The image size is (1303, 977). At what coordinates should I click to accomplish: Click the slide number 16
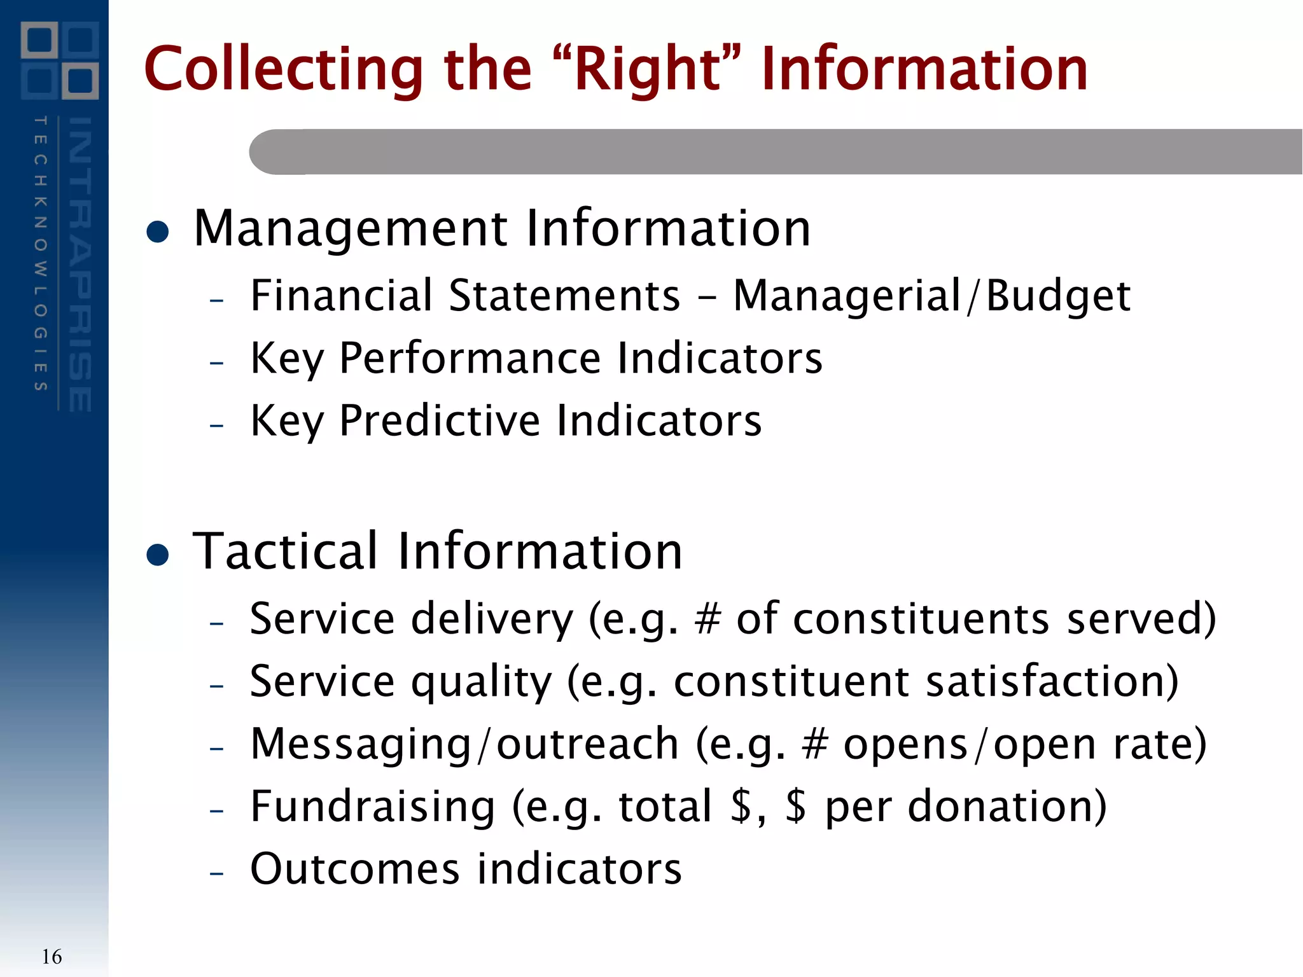tap(52, 957)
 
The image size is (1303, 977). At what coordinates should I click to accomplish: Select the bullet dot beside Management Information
tap(157, 232)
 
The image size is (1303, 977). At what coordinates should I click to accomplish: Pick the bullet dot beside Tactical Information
tap(157, 554)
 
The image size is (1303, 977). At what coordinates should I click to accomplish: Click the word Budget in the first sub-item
tap(1058, 296)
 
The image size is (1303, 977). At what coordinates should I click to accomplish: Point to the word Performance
tap(470, 358)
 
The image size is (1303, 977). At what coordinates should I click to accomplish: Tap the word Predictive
tap(440, 421)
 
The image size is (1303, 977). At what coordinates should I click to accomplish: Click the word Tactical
tap(286, 551)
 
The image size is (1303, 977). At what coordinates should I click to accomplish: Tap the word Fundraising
tap(372, 807)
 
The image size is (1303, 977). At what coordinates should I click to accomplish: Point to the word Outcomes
tap(354, 869)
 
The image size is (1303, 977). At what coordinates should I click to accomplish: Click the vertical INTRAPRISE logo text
tap(80, 264)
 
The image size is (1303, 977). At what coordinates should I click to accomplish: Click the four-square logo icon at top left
tap(60, 60)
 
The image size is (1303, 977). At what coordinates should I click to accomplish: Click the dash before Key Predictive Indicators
tap(216, 424)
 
